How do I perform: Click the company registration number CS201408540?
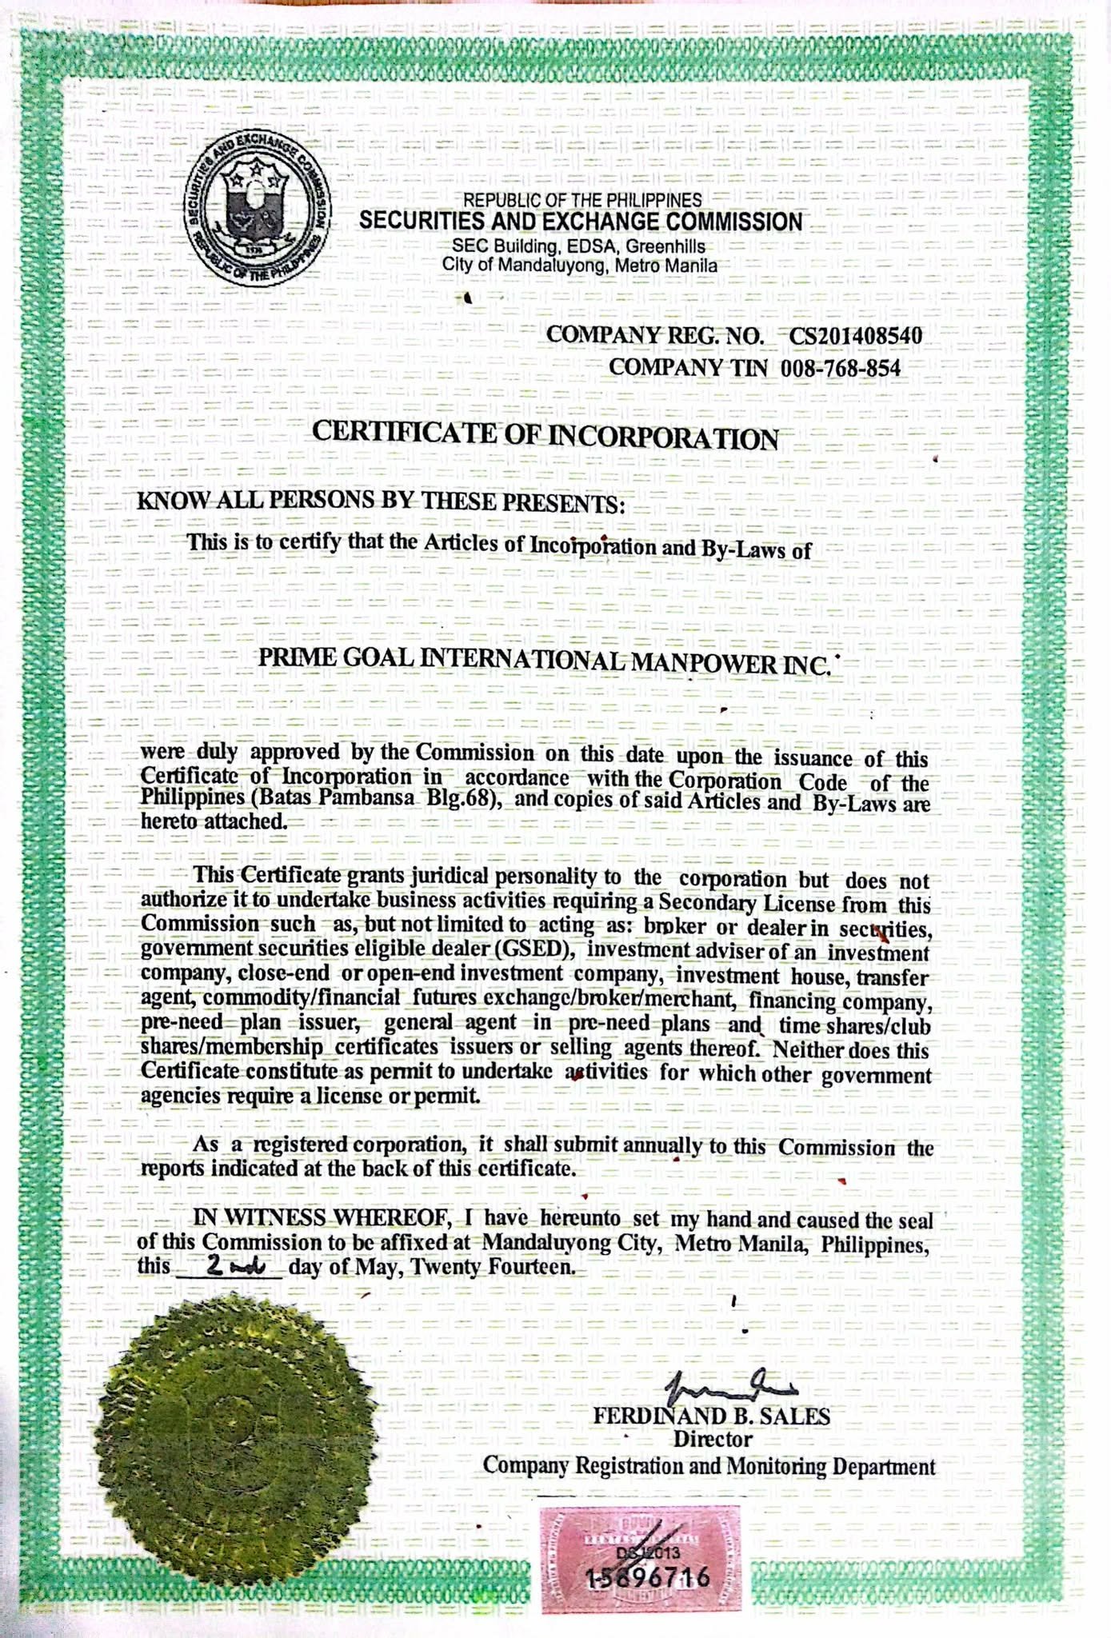[855, 335]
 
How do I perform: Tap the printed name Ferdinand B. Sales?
[711, 1416]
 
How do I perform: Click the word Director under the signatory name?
[712, 1440]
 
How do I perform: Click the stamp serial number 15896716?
[648, 1577]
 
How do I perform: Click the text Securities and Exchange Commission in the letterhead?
[580, 222]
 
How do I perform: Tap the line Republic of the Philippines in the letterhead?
[582, 199]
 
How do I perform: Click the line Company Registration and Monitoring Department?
[709, 1466]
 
